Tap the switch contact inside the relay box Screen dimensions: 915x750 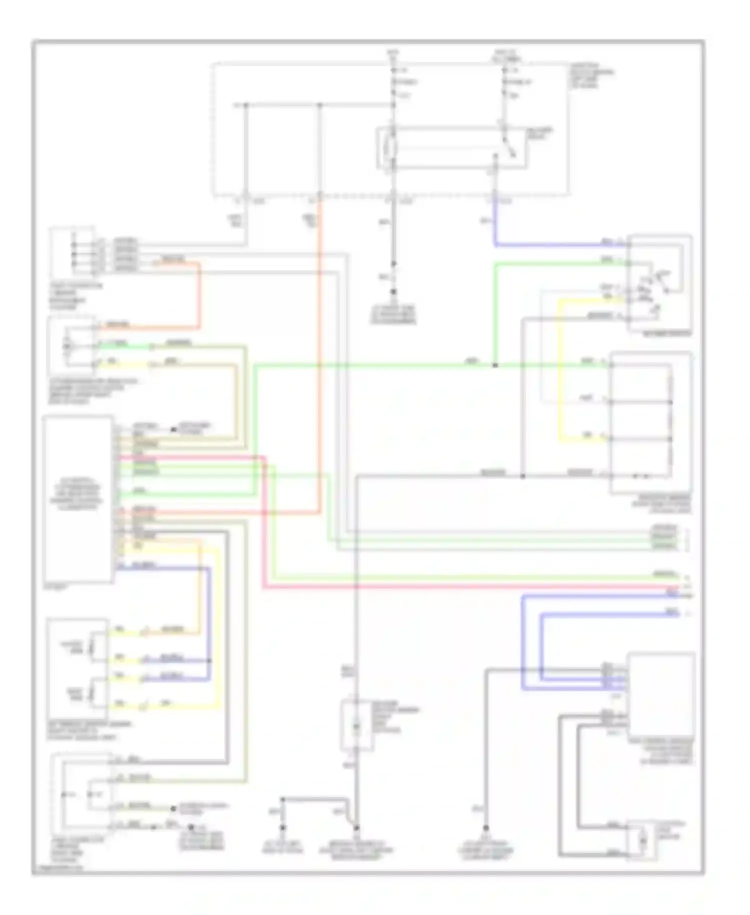click(509, 146)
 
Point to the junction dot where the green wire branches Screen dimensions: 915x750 click(494, 365)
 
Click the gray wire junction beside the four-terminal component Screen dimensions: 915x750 click(522, 476)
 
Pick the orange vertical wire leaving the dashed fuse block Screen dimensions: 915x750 click(319, 350)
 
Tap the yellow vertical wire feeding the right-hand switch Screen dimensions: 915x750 click(559, 370)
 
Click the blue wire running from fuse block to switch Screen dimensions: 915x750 click(550, 245)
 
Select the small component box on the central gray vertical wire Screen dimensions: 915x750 click(356, 725)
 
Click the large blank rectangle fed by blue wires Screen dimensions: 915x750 click(661, 694)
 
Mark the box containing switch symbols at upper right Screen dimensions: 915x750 click(660, 283)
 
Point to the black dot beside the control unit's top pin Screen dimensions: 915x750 click(173, 429)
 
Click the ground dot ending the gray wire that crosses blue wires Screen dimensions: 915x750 click(485, 828)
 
